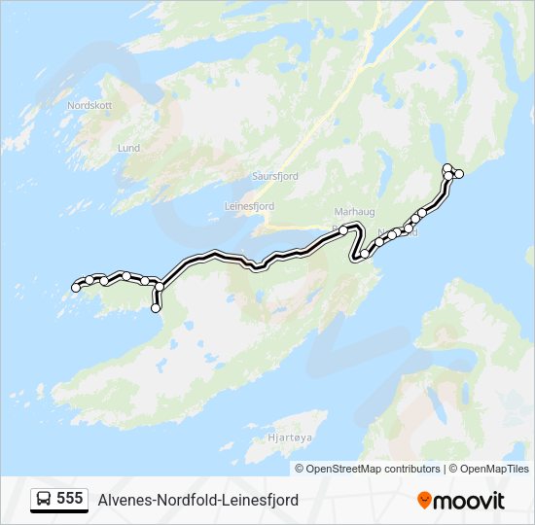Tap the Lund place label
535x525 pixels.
click(x=128, y=148)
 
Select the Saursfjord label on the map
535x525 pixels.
click(x=274, y=177)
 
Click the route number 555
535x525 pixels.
click(x=69, y=499)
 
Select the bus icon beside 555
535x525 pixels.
click(x=44, y=499)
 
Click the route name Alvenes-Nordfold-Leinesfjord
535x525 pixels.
click(x=198, y=500)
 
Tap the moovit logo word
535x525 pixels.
click(x=469, y=501)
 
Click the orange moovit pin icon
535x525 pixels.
click(x=424, y=501)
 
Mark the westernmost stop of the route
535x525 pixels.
click(x=76, y=287)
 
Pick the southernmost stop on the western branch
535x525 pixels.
click(x=156, y=308)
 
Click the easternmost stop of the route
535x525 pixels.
click(x=459, y=174)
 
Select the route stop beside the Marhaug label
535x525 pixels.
click(x=343, y=229)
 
